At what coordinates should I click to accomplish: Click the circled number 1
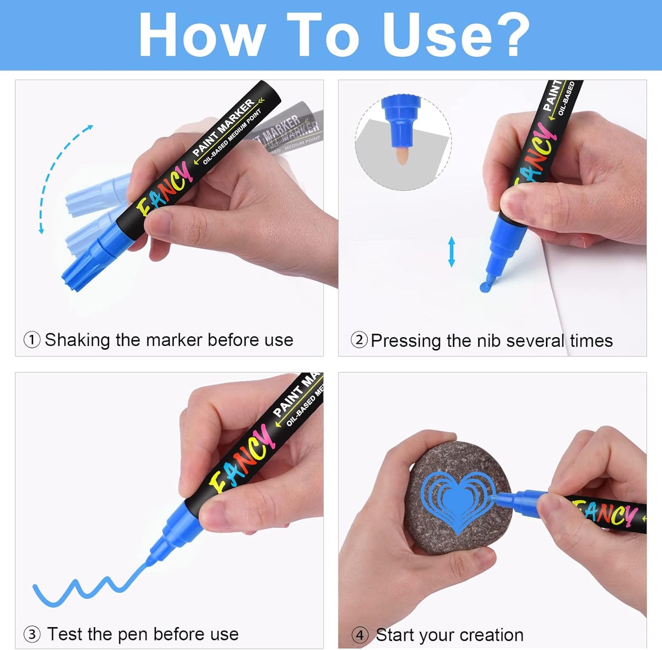[x=32, y=340]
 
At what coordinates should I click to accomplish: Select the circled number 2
[x=359, y=340]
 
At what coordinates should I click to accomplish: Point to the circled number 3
[x=32, y=634]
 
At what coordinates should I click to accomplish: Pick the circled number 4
[x=360, y=635]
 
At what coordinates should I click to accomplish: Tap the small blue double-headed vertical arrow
[x=452, y=251]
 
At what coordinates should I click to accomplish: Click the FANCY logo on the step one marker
[x=164, y=189]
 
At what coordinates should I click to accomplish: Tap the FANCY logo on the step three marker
[x=240, y=458]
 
